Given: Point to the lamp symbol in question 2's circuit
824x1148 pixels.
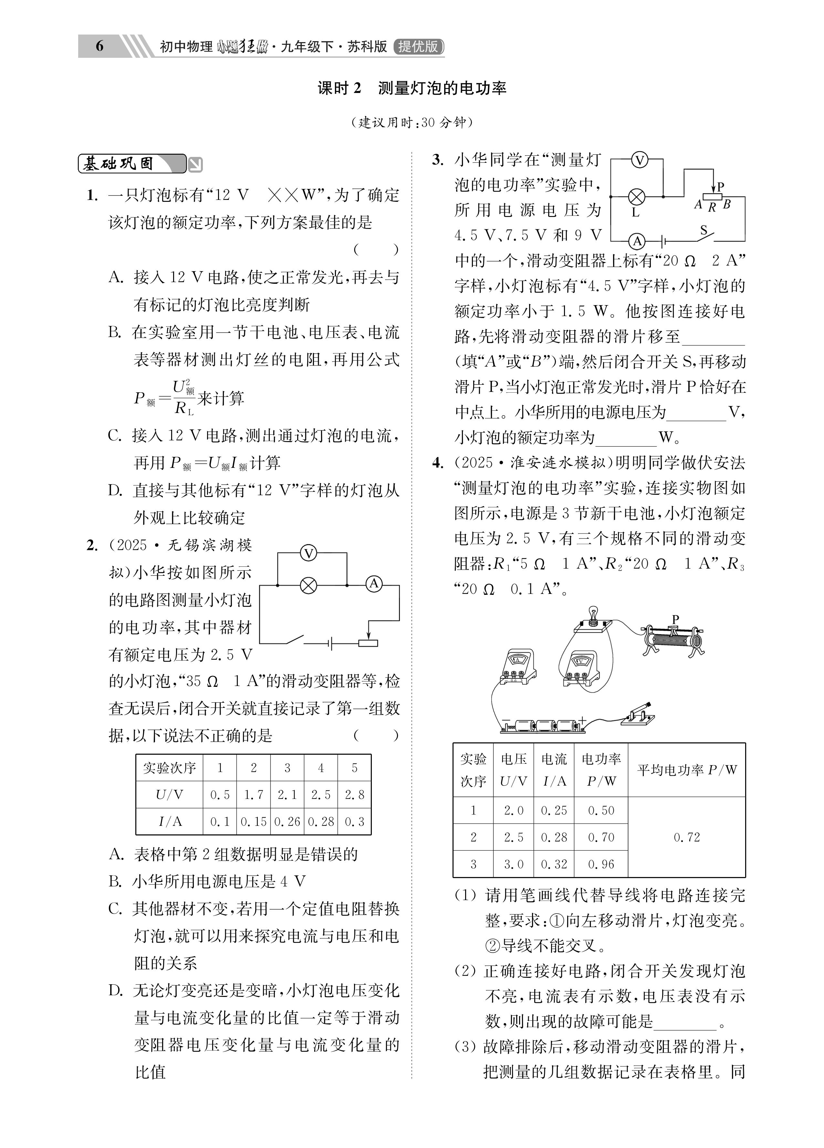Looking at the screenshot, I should pos(308,586).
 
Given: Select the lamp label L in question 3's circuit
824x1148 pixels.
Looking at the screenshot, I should pos(636,212).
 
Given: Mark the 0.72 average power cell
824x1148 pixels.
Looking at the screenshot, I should pos(687,838).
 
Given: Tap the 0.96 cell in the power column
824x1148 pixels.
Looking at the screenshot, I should pos(601,864).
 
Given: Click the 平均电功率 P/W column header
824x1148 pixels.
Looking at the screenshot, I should pos(687,770).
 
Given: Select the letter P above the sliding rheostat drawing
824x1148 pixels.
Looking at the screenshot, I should pos(675,619).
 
